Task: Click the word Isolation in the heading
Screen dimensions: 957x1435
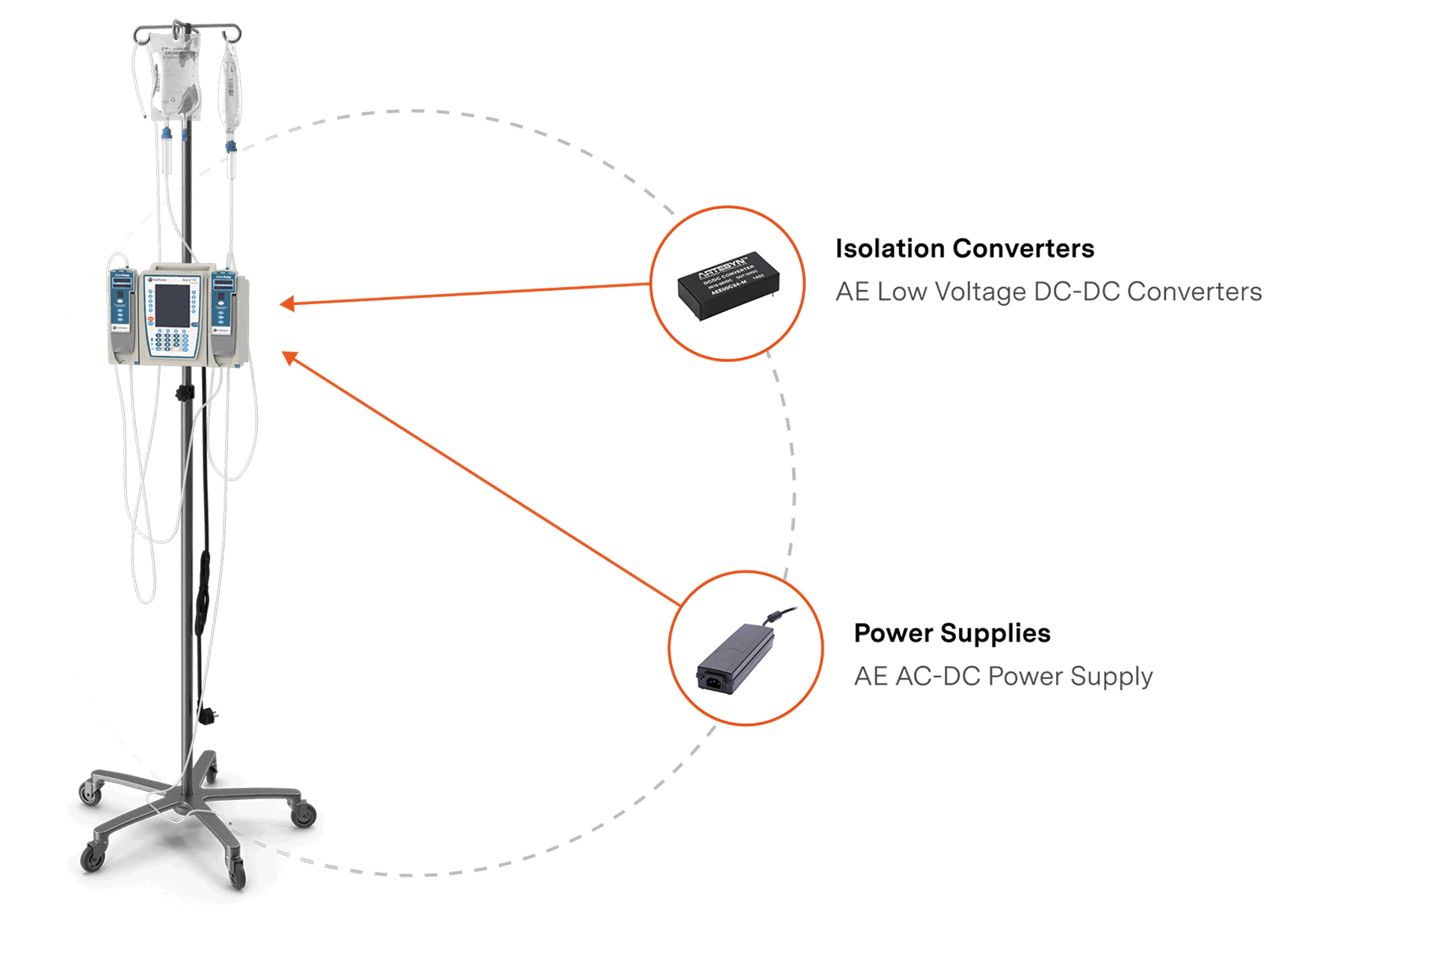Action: coord(890,248)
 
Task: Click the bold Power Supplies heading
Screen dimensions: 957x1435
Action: coord(951,633)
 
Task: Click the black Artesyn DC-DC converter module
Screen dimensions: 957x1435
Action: coord(728,286)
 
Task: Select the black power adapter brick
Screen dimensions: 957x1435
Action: coord(736,657)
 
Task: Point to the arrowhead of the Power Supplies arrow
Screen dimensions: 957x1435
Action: coord(290,357)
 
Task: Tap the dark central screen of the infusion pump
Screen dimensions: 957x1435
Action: coord(172,305)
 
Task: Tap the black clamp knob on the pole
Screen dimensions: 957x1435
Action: coord(184,393)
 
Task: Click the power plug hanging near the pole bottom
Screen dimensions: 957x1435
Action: coord(207,716)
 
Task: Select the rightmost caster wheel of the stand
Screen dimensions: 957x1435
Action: coord(303,814)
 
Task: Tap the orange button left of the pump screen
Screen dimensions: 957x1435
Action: coord(150,319)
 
